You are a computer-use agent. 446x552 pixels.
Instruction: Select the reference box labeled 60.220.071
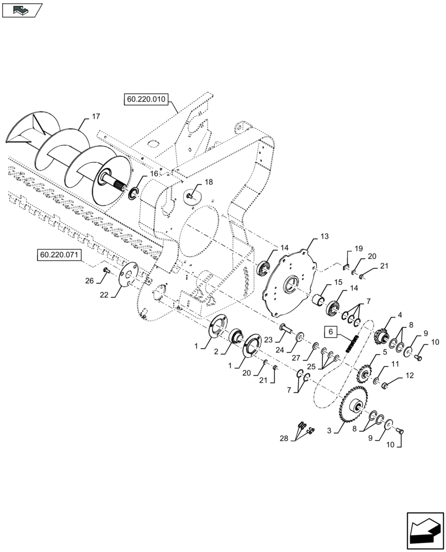point(60,255)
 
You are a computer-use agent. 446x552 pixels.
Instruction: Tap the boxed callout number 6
point(330,332)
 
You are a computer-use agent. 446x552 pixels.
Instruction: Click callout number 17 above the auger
point(95,116)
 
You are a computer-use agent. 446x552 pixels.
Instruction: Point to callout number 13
point(324,236)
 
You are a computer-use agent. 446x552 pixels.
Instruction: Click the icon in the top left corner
point(22,9)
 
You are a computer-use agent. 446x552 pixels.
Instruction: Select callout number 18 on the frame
point(208,182)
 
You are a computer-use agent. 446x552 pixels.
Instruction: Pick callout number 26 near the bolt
point(89,281)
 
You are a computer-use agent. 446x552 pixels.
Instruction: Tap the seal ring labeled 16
point(133,194)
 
